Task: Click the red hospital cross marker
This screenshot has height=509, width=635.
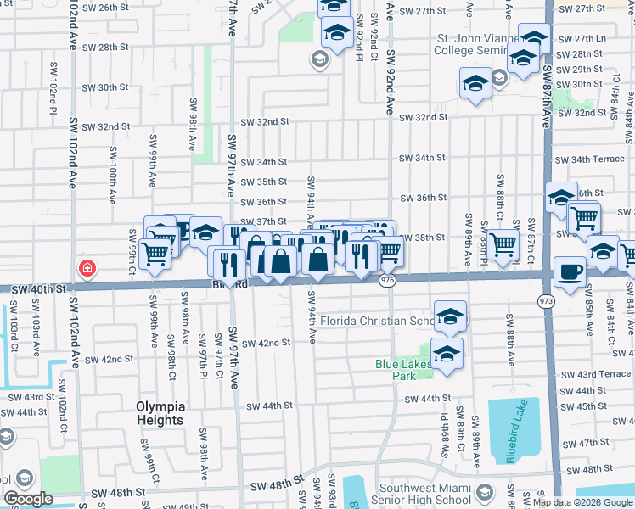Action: click(x=86, y=270)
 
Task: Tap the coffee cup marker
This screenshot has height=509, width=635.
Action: click(x=569, y=272)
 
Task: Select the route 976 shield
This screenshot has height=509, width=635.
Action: click(x=388, y=280)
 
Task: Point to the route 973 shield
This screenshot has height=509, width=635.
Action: click(x=543, y=300)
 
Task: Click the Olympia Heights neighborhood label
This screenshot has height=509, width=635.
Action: click(x=160, y=413)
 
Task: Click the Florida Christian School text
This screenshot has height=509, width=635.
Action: click(x=374, y=322)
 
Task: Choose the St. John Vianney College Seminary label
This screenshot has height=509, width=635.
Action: click(x=475, y=44)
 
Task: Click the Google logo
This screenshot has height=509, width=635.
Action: click(x=29, y=500)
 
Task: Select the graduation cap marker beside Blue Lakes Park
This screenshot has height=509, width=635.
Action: click(x=447, y=354)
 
